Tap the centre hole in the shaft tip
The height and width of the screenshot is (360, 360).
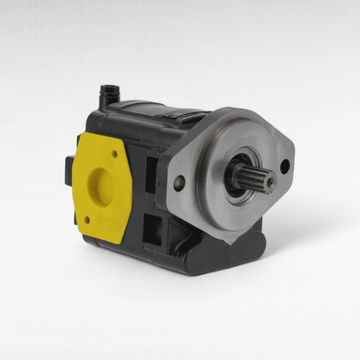click(270, 183)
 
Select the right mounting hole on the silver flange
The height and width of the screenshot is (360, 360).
click(285, 167)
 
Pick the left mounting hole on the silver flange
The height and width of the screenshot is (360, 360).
click(179, 183)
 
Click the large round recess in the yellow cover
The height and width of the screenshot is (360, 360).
click(101, 187)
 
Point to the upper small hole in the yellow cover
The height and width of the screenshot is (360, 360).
click(114, 154)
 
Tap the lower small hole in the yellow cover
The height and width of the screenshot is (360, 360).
click(87, 219)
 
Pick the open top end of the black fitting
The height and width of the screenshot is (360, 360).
click(110, 88)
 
